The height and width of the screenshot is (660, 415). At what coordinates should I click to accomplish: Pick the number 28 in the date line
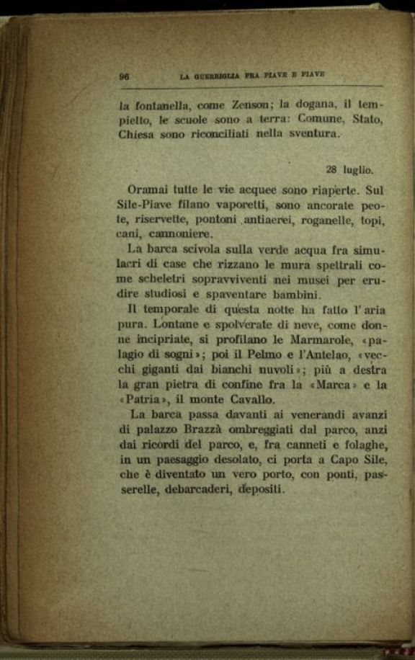click(332, 170)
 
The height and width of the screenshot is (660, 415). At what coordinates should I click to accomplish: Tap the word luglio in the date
click(358, 171)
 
